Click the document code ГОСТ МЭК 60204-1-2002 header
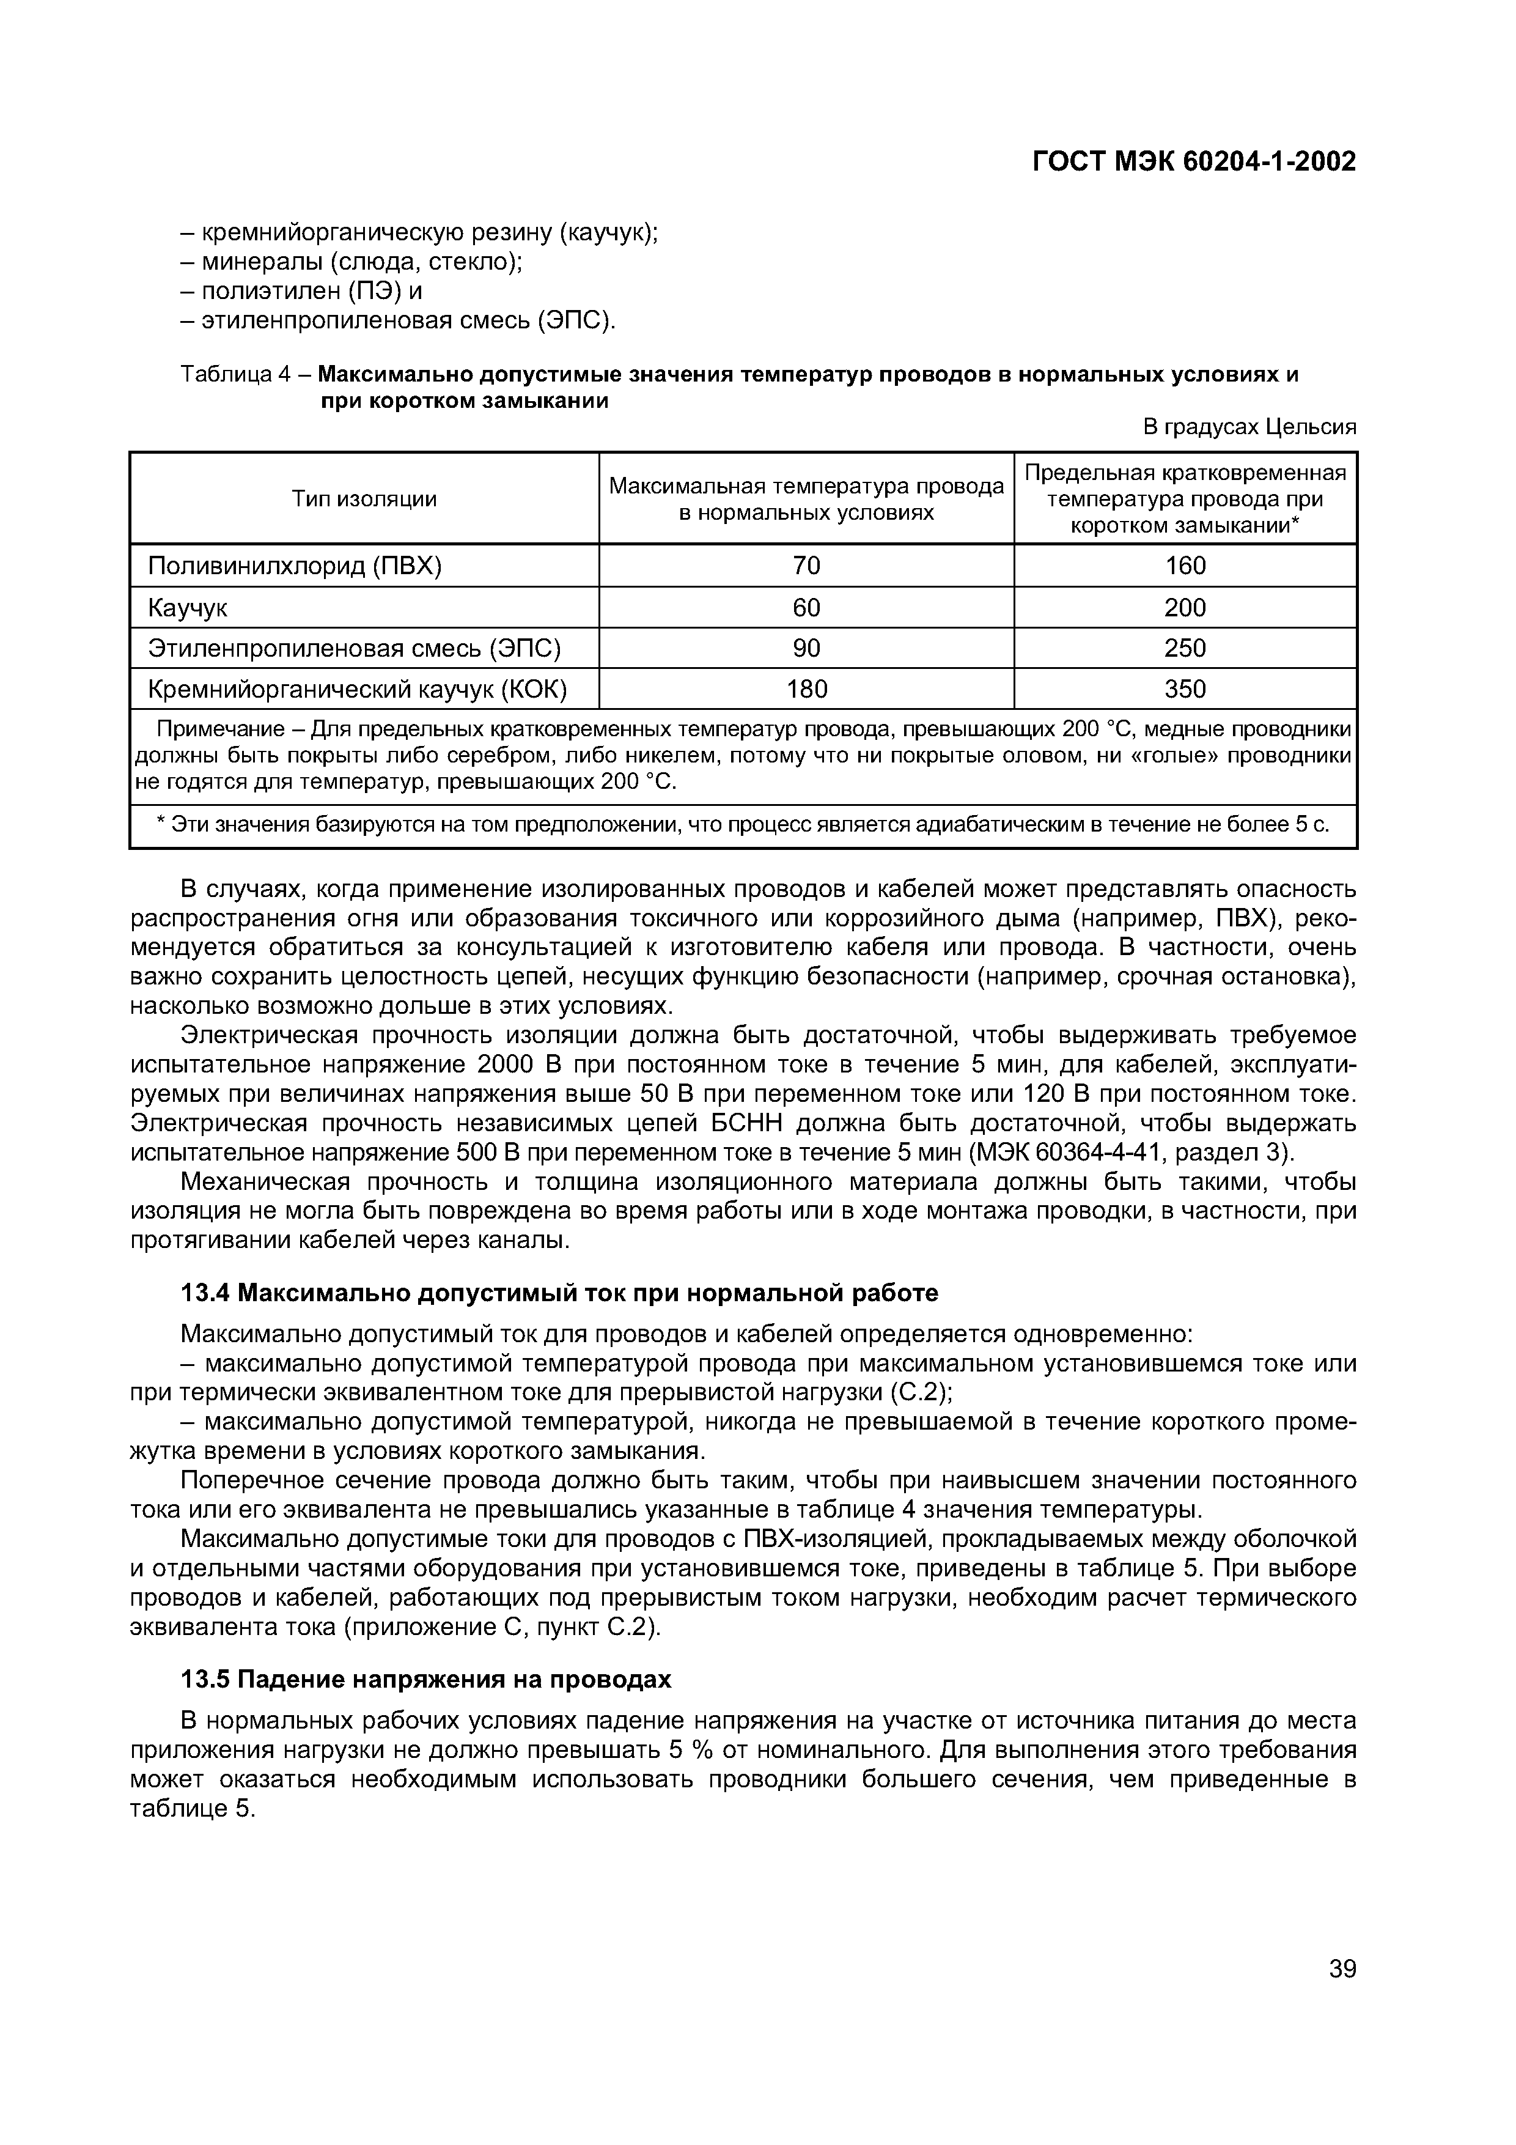tap(1194, 161)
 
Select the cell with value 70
tap(806, 565)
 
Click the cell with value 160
tap(1185, 565)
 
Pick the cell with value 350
tap(1185, 689)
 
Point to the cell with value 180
tap(806, 689)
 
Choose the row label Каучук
tap(188, 607)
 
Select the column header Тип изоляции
tap(364, 498)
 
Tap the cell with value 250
tap(1185, 648)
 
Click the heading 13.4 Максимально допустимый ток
tap(559, 1293)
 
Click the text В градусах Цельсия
tap(1249, 427)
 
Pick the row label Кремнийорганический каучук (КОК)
tap(358, 689)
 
